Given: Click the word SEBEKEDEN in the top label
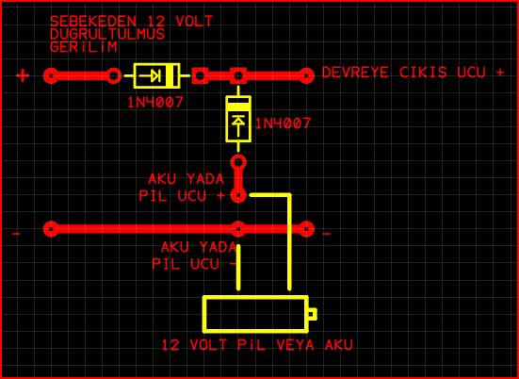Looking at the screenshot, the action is click(x=93, y=21).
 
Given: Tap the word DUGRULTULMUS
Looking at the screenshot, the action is click(x=107, y=34).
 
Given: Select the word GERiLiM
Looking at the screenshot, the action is click(x=84, y=47).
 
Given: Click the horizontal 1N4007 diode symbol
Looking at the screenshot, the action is click(x=157, y=75).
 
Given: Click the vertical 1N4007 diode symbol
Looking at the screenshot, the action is click(x=238, y=119).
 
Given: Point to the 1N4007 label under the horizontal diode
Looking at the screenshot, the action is click(x=155, y=103).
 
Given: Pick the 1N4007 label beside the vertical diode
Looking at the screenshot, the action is click(x=283, y=124).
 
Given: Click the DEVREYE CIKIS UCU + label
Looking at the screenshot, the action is click(x=414, y=73).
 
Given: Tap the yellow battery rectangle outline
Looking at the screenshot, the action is click(x=255, y=297).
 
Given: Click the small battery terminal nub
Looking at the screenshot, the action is click(x=313, y=314).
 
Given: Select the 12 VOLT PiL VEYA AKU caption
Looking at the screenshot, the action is click(x=257, y=345).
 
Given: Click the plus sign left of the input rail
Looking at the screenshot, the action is click(x=23, y=75).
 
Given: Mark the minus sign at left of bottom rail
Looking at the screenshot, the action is click(x=16, y=234).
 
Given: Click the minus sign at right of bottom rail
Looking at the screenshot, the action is click(x=327, y=234).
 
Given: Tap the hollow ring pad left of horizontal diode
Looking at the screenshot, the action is click(x=114, y=75).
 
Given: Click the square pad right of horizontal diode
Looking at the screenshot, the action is click(x=200, y=75).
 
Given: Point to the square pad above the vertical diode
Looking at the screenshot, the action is click(x=238, y=75).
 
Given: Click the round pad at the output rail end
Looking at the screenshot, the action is click(x=306, y=75).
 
